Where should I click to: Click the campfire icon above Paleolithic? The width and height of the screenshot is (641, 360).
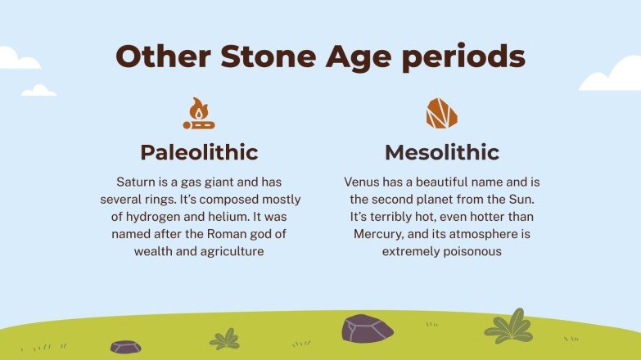[199, 114]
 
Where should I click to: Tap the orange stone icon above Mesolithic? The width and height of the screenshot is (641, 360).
[441, 114]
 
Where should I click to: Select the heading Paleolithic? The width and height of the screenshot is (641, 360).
[199, 152]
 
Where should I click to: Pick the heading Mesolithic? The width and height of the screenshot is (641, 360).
[441, 152]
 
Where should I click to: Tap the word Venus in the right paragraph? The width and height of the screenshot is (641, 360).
[362, 182]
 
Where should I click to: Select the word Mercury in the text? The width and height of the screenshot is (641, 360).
[379, 234]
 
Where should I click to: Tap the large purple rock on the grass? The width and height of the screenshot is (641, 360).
[367, 328]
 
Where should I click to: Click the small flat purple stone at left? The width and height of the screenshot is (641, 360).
[125, 347]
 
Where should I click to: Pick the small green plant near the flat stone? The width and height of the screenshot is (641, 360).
[224, 339]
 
